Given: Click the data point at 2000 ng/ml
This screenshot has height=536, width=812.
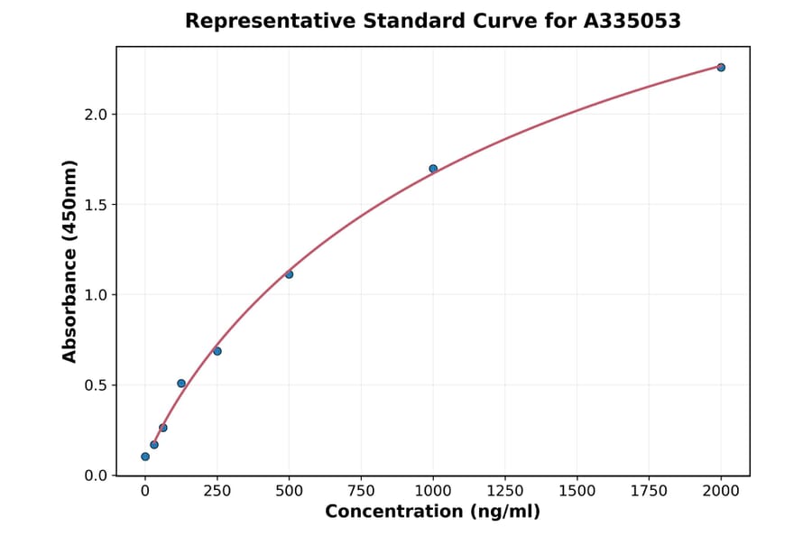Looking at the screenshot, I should click(721, 68).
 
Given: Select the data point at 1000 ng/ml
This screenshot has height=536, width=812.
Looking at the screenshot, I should click(433, 169).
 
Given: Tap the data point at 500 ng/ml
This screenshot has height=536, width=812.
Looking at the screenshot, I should click(289, 274).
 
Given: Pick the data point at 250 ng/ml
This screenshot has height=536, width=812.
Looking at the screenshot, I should click(217, 351).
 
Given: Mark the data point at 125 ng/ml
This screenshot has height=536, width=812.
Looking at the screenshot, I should click(181, 384).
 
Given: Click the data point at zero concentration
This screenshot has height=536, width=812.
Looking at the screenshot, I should click(145, 457).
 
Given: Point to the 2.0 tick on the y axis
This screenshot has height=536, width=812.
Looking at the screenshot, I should click(96, 115).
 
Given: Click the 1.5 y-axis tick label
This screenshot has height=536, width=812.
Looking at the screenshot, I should click(96, 205).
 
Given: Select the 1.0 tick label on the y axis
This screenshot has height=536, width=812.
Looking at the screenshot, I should click(96, 295).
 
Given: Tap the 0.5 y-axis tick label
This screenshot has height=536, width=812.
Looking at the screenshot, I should click(96, 385).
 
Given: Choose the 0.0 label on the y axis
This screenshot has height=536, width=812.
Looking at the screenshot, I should click(96, 476).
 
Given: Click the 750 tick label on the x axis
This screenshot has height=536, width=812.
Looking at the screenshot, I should click(361, 491).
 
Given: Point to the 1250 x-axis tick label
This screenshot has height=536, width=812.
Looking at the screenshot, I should click(505, 491).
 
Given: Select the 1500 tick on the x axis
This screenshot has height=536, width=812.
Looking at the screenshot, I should click(577, 491).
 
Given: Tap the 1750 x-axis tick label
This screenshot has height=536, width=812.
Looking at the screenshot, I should click(649, 491).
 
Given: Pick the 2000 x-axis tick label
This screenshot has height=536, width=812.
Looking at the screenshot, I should click(721, 491).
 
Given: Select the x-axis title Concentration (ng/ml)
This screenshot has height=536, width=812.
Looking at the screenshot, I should click(432, 513).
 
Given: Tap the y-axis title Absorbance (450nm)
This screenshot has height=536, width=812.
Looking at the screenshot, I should click(69, 261).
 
